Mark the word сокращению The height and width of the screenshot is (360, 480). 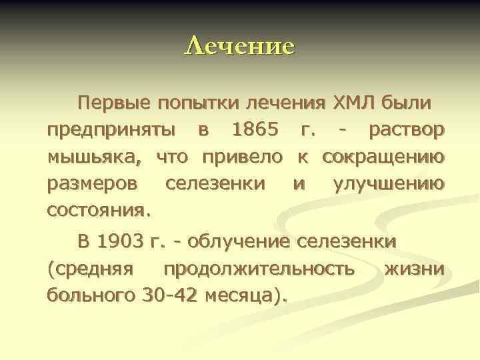(384, 157)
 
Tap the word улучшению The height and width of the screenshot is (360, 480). (389, 183)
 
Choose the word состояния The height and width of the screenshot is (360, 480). (99, 210)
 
